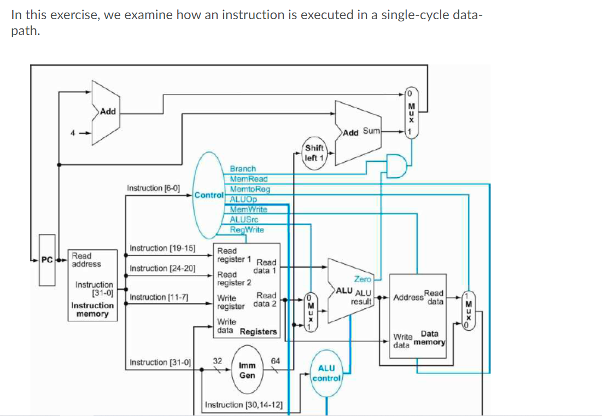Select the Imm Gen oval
point(247,370)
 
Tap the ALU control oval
point(326,373)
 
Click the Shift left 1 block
point(314,153)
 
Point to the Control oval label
point(208,195)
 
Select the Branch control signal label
point(242,169)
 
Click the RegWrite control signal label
point(247,230)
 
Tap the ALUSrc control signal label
point(244,220)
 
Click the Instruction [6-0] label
point(153,188)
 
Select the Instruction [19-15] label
point(162,248)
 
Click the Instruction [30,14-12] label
point(243,405)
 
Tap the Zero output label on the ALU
point(363,279)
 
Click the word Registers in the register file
point(258,331)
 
